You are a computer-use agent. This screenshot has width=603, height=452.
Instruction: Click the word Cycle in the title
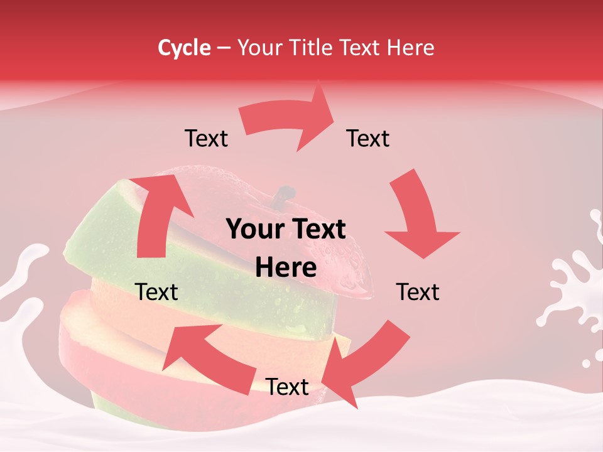pyautogui.click(x=184, y=48)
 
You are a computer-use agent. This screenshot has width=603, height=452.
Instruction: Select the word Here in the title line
pyautogui.click(x=411, y=48)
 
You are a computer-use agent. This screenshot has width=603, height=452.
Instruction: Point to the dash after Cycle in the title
pyautogui.click(x=224, y=48)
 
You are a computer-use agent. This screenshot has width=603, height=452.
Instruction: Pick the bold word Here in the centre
pyautogui.click(x=286, y=267)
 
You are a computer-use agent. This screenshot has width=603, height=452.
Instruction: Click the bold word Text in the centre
pyautogui.click(x=318, y=230)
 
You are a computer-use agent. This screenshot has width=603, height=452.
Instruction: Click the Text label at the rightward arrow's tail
pyautogui.click(x=206, y=139)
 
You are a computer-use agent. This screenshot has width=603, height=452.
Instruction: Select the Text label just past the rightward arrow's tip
pyautogui.click(x=368, y=139)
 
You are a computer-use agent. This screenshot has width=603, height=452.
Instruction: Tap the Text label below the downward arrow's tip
pyautogui.click(x=418, y=292)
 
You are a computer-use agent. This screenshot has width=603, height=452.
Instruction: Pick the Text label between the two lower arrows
pyautogui.click(x=287, y=387)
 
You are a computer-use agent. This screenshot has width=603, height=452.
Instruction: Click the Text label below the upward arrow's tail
pyautogui.click(x=157, y=292)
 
